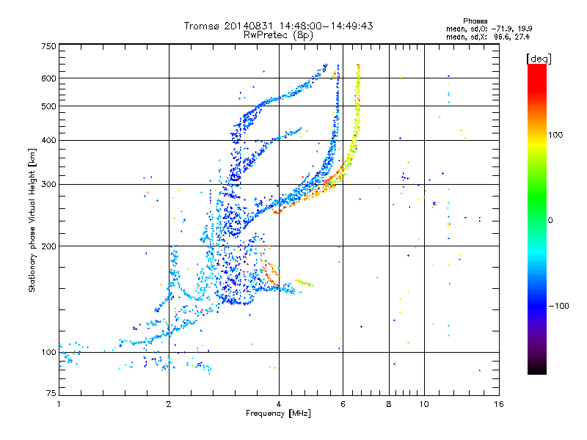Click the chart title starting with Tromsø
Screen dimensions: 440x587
(278, 26)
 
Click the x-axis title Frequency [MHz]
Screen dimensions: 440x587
(278, 414)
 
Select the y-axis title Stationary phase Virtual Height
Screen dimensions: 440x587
(32, 220)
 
